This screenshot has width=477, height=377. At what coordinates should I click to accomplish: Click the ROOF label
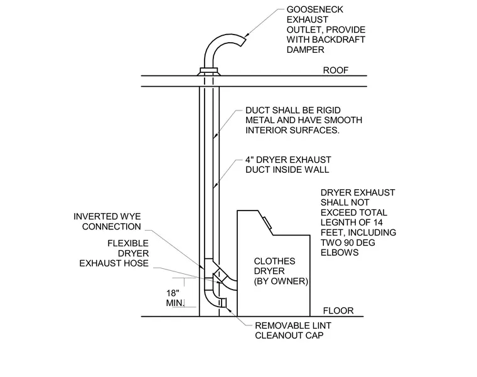(336, 70)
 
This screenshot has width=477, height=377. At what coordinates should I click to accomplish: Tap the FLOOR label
(338, 310)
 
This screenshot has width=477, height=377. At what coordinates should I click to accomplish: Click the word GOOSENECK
(315, 9)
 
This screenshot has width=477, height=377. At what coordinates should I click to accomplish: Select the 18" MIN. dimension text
(175, 298)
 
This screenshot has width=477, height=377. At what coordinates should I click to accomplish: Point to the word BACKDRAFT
(338, 40)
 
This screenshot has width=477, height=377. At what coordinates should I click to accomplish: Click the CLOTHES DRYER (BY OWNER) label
(281, 271)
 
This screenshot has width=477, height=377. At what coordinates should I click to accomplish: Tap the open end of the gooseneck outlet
(244, 41)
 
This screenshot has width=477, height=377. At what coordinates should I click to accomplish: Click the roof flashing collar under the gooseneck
(208, 72)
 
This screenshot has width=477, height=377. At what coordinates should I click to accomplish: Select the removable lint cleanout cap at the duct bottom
(223, 303)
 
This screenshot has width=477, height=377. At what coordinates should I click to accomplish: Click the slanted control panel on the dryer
(267, 222)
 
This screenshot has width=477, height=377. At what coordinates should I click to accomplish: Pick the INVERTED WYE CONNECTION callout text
(107, 221)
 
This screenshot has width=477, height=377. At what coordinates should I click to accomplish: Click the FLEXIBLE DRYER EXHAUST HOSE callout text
(114, 253)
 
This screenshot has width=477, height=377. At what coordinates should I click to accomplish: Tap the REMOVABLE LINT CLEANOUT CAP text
(293, 331)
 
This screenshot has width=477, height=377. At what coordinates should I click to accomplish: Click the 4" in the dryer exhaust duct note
(249, 160)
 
